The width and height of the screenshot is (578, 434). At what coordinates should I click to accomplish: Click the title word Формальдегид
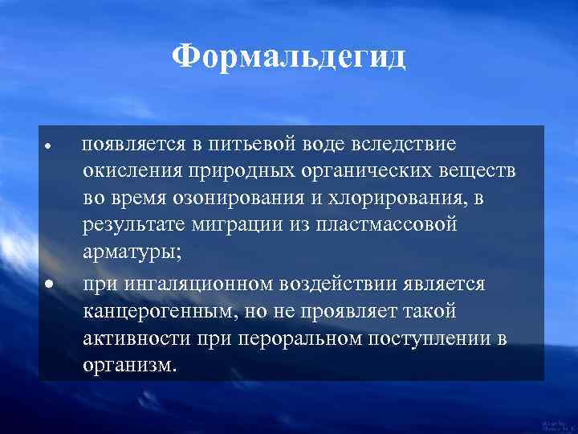289,57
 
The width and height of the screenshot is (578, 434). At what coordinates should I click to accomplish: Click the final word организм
127,364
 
